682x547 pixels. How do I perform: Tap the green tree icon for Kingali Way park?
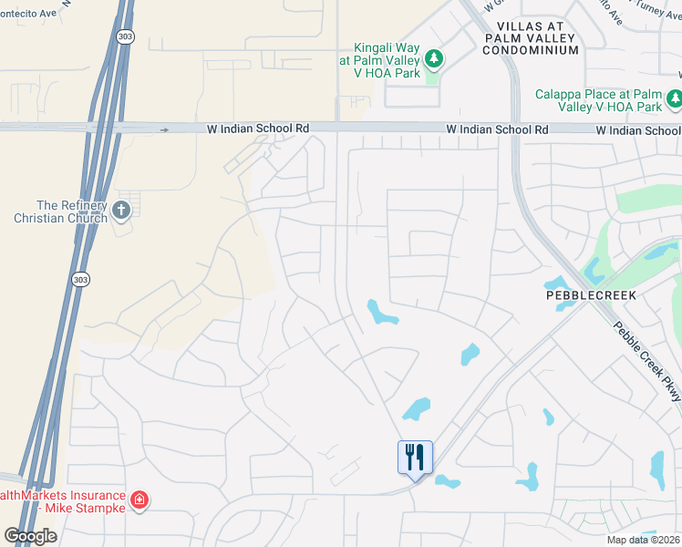(x=435, y=59)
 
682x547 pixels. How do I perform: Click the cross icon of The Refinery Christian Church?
(x=120, y=212)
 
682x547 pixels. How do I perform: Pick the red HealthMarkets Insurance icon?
(x=139, y=500)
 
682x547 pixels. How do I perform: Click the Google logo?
(x=30, y=536)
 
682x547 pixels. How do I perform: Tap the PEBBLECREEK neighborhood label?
(x=590, y=296)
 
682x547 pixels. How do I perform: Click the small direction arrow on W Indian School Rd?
(x=164, y=130)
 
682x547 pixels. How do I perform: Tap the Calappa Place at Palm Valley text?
(x=598, y=100)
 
